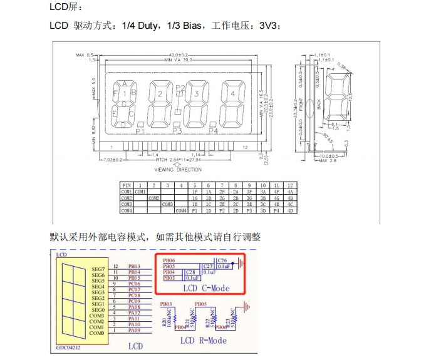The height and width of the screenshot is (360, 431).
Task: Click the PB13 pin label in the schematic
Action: [135, 267]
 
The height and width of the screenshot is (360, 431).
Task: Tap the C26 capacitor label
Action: [221, 260]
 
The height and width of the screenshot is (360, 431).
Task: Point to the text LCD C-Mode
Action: [205, 289]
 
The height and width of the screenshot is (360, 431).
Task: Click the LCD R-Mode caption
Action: [204, 341]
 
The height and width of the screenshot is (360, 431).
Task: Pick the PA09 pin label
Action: [135, 331]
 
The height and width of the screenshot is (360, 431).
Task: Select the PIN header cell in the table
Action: [127, 185]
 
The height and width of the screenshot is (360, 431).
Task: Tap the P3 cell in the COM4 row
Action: [249, 211]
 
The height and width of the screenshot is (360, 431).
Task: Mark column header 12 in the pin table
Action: [289, 185]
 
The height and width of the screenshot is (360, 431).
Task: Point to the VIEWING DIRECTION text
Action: [178, 170]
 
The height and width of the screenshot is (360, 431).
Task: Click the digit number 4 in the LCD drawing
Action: [232, 94]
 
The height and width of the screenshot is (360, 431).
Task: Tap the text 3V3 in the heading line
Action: [267, 26]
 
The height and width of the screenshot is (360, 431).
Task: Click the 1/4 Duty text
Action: [140, 26]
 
